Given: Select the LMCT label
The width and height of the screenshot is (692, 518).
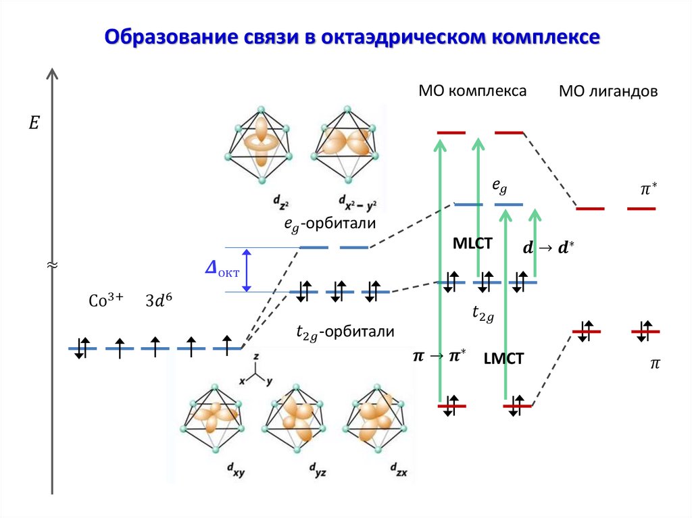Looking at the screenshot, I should [x=503, y=359].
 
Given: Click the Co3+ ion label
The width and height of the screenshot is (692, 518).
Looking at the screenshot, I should [x=106, y=301].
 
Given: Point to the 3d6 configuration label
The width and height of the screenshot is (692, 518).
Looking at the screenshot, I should [x=159, y=301].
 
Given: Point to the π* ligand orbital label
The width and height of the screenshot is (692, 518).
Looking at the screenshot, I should [x=648, y=190].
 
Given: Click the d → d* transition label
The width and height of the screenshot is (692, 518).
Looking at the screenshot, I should [x=547, y=248].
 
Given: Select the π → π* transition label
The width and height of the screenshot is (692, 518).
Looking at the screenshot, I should [x=439, y=356].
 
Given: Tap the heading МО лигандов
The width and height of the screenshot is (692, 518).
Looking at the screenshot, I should [x=608, y=92].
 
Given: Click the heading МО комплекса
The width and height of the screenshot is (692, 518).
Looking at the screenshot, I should [x=472, y=90].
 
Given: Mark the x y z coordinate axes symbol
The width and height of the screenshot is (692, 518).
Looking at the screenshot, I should [x=255, y=370].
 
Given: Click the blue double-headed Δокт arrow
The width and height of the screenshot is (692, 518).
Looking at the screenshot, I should [x=247, y=269].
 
